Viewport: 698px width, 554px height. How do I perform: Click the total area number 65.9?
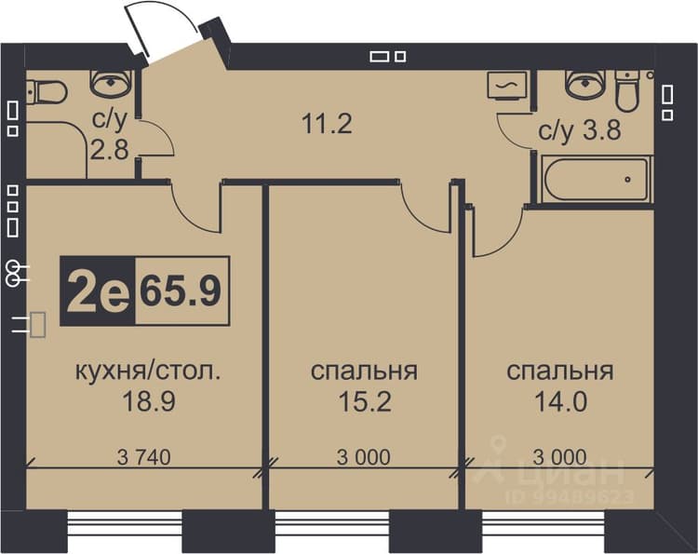click(x=181, y=291)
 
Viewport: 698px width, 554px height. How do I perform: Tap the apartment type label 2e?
click(x=98, y=291)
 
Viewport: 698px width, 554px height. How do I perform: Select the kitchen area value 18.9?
click(x=149, y=400)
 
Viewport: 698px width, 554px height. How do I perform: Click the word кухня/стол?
click(x=148, y=371)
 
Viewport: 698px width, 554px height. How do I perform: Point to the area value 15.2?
click(x=365, y=400)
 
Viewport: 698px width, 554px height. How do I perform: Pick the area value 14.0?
click(x=560, y=400)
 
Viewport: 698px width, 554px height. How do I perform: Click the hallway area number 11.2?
click(x=327, y=123)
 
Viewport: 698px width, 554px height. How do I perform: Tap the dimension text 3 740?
click(x=143, y=457)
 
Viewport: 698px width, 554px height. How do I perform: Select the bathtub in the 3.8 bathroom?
click(x=596, y=179)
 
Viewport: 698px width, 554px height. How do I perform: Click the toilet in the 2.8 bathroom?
click(x=46, y=92)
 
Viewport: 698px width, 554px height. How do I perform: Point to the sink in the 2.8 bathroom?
click(x=111, y=83)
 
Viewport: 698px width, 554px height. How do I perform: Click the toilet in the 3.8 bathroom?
click(x=627, y=91)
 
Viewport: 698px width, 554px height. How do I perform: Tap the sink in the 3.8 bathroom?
click(x=586, y=83)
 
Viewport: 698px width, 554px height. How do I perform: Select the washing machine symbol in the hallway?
click(x=507, y=86)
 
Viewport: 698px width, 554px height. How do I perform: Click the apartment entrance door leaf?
click(x=136, y=31)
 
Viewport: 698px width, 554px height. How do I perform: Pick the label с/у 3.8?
click(x=580, y=131)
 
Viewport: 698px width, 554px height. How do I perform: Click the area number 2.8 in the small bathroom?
click(x=110, y=149)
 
